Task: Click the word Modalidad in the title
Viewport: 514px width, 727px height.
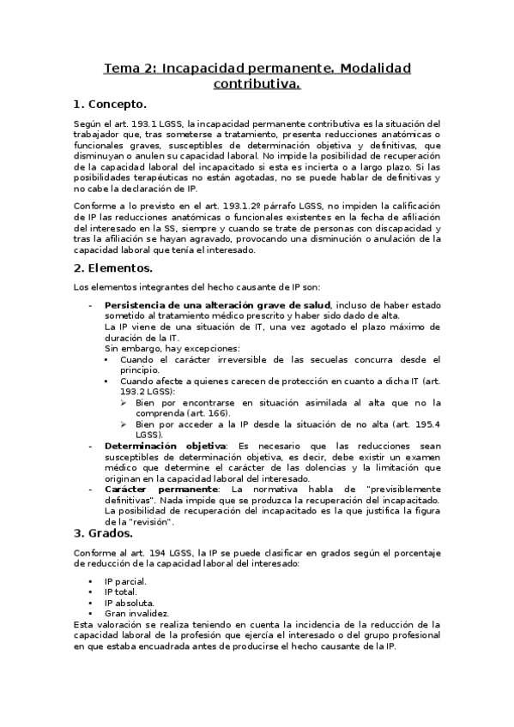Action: tap(368, 68)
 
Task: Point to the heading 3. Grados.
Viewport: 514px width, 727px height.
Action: tap(109, 532)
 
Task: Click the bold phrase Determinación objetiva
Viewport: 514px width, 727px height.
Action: tap(165, 446)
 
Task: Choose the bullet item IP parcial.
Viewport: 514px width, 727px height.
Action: tap(125, 581)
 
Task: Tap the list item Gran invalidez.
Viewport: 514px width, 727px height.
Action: tap(136, 613)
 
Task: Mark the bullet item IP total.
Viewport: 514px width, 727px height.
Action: tap(121, 592)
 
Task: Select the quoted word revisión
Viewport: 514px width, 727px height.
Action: tap(154, 521)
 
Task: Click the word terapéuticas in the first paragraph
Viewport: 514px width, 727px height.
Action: tap(148, 177)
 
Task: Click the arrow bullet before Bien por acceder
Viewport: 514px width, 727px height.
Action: tap(124, 424)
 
